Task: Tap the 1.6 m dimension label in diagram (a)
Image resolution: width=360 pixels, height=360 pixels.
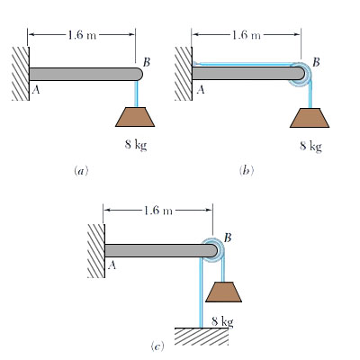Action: pyautogui.click(x=80, y=35)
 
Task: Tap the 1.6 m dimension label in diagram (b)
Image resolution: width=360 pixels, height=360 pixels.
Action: pyautogui.click(x=245, y=35)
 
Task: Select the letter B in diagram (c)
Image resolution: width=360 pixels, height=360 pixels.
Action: pyautogui.click(x=228, y=237)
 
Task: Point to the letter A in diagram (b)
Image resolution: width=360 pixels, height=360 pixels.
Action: pyautogui.click(x=201, y=90)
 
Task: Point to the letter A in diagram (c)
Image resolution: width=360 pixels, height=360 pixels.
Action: pyautogui.click(x=112, y=265)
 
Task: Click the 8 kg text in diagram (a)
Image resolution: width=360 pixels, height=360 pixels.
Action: pyautogui.click(x=134, y=146)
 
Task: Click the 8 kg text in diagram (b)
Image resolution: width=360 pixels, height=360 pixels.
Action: pyautogui.click(x=310, y=146)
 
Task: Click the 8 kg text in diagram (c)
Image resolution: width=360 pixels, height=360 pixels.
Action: pyautogui.click(x=221, y=320)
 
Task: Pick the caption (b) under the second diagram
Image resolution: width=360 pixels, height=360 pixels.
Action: pyautogui.click(x=245, y=168)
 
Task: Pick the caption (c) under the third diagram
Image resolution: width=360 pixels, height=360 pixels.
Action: pyautogui.click(x=157, y=344)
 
